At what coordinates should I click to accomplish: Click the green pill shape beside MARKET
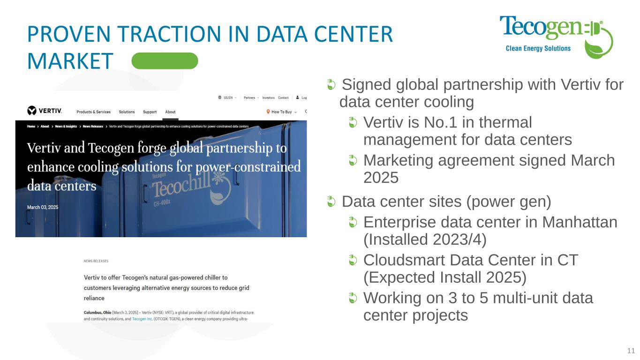[165, 60]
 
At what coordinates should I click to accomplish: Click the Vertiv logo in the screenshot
[44, 111]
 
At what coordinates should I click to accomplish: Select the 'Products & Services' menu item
[93, 112]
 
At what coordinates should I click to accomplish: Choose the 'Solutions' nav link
[127, 112]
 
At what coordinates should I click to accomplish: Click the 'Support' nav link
[150, 112]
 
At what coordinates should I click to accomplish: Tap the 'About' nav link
[170, 112]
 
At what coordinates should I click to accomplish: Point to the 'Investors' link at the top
[268, 97]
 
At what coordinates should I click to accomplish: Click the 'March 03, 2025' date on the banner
[43, 207]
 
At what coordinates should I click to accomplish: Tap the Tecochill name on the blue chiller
[181, 185]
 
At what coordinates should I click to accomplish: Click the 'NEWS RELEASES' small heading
[96, 261]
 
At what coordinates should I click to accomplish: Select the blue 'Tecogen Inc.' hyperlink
[142, 319]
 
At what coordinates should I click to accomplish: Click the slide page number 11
[631, 351]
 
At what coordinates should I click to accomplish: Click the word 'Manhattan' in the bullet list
[580, 222]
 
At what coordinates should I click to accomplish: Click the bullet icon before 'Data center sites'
[331, 202]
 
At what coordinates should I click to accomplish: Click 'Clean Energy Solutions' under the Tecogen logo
[538, 49]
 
